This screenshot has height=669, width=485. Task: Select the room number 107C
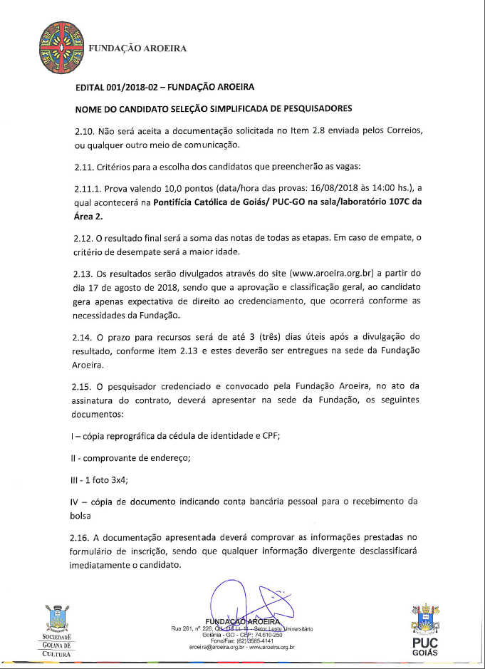click(396, 202)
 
